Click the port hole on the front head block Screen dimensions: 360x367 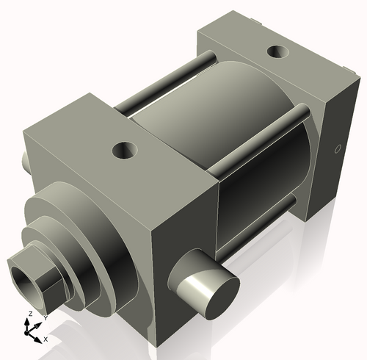(x=125, y=151)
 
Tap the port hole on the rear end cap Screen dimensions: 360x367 (x=279, y=52)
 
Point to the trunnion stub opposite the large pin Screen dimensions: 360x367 (x=26, y=159)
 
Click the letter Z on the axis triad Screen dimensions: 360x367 (x=28, y=314)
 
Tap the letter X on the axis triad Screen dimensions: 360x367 (x=46, y=339)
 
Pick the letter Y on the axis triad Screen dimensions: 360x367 (x=45, y=317)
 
